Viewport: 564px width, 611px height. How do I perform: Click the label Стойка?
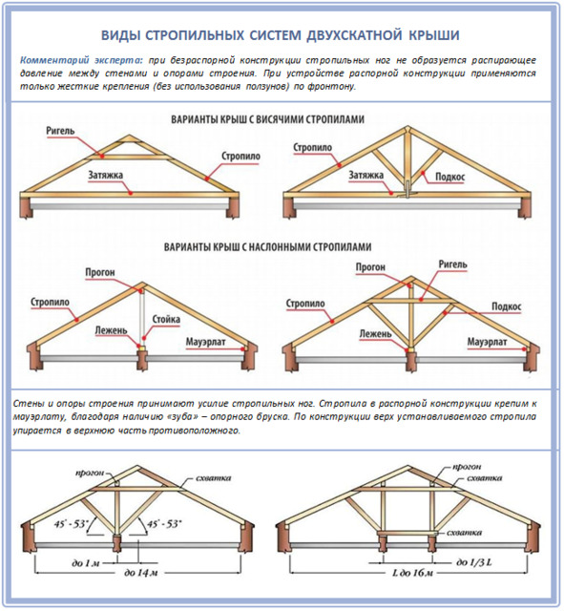pos(166,320)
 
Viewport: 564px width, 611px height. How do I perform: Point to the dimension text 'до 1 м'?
pos(86,562)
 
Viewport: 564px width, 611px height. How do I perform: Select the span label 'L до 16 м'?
pos(412,573)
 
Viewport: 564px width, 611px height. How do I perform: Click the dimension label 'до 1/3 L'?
pos(473,562)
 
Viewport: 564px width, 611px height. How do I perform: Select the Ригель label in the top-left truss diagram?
pos(60,131)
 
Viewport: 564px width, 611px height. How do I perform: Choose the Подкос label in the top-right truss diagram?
pos(449,177)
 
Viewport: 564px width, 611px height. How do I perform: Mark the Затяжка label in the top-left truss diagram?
pos(105,176)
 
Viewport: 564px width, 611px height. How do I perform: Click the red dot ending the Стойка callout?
pos(144,338)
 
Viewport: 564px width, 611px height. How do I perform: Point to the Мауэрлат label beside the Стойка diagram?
pos(205,342)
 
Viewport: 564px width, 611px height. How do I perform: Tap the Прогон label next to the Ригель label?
pos(370,267)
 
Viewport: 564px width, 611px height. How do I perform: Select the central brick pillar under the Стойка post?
pos(142,360)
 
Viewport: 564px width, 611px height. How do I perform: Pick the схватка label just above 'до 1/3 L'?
pos(464,533)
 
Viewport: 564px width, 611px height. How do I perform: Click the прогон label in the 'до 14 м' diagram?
pos(90,474)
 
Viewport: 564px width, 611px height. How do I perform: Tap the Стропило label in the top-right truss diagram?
pos(312,148)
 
